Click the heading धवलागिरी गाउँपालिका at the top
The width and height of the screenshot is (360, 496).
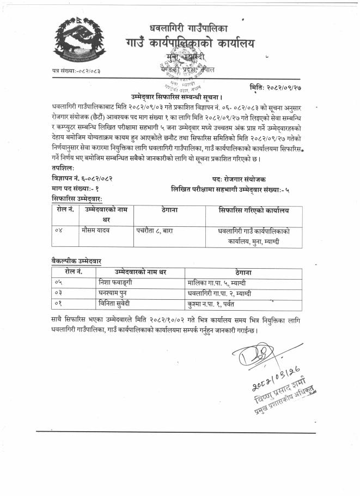click(188, 27)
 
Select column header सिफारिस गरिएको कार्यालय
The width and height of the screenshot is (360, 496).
click(253, 210)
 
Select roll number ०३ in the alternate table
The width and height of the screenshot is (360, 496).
click(60, 293)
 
